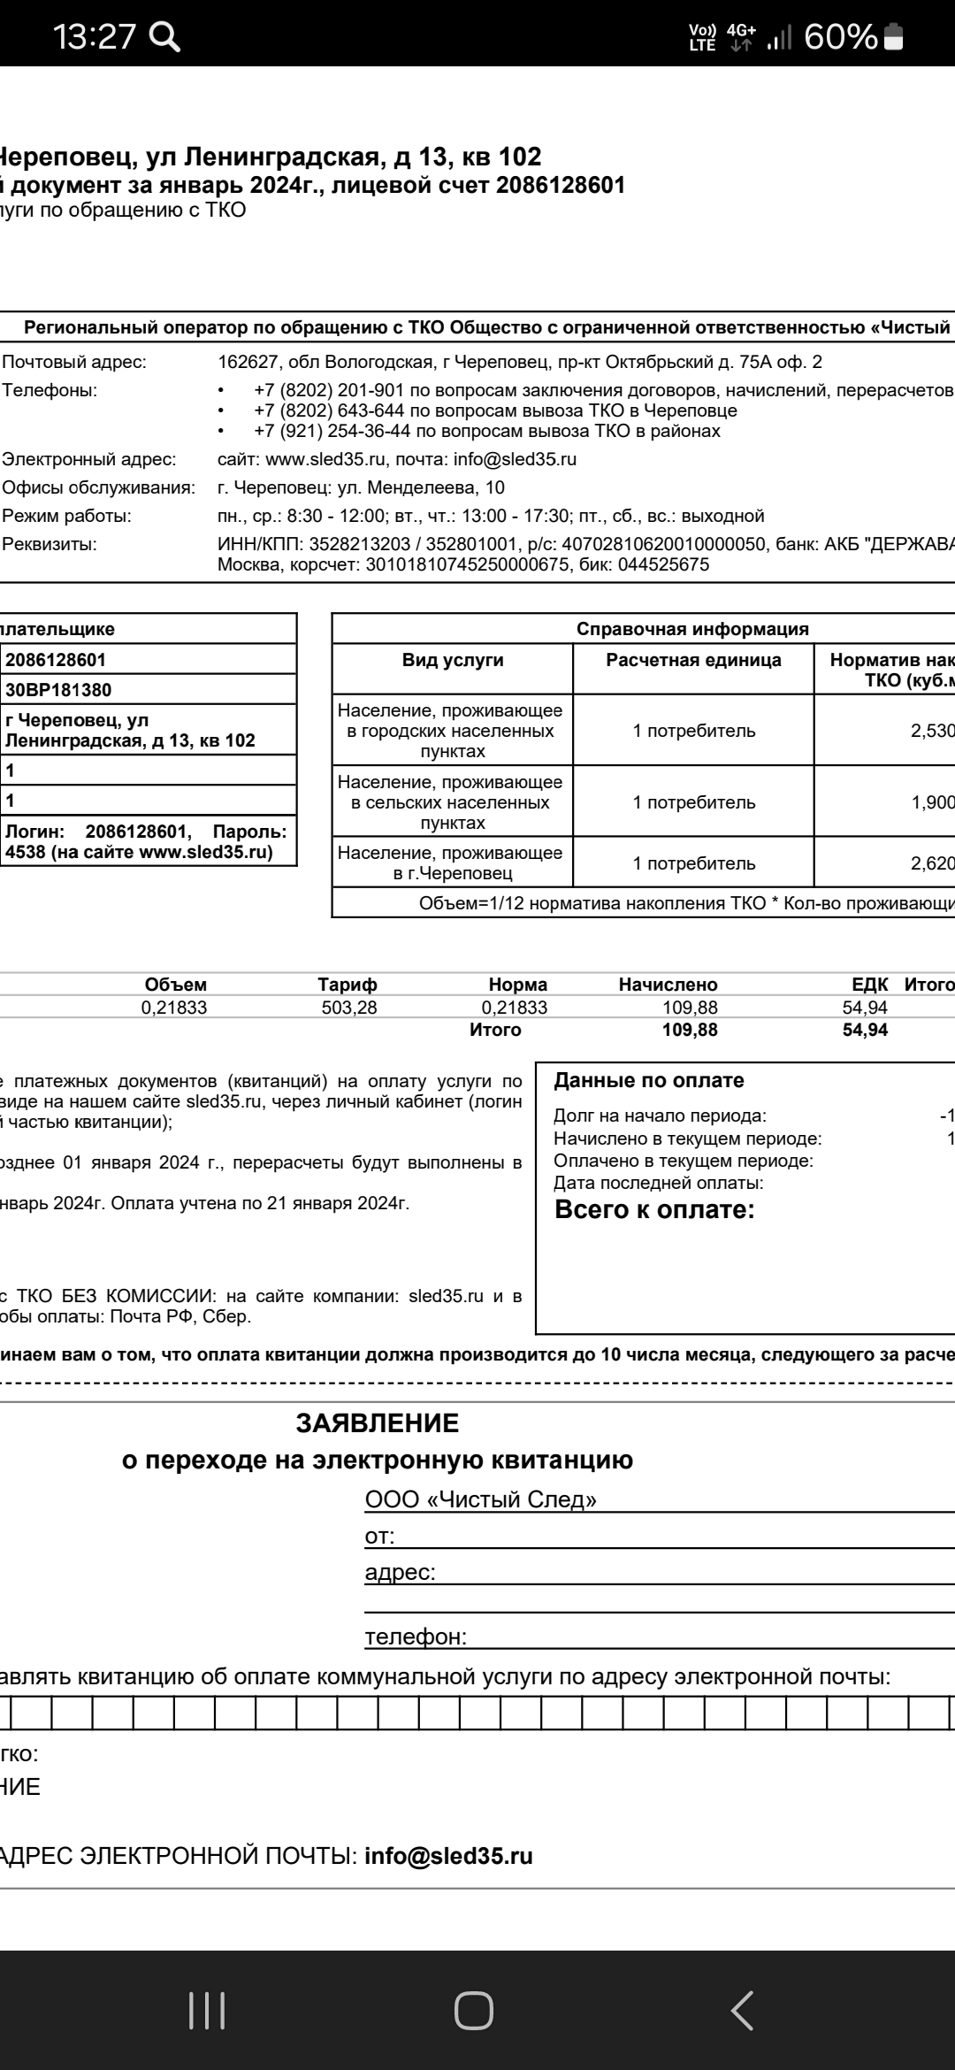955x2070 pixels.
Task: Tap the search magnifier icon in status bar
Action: (165, 36)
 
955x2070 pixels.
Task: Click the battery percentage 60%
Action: (840, 36)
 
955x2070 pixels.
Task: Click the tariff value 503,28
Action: (348, 1008)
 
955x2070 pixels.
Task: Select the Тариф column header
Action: (348, 985)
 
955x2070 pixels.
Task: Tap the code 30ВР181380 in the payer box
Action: (58, 690)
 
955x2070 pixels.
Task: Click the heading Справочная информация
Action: (692, 629)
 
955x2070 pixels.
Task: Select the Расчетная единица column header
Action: (693, 660)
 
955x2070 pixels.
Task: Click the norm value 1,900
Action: (932, 802)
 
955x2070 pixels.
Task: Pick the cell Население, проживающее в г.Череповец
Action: (451, 863)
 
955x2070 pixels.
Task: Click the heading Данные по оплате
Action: (649, 1080)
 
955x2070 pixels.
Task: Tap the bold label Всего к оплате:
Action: (654, 1210)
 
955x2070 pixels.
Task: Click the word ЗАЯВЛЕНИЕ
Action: (378, 1423)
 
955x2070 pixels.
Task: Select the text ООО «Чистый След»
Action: (481, 1499)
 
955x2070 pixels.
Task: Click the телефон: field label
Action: (416, 1637)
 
